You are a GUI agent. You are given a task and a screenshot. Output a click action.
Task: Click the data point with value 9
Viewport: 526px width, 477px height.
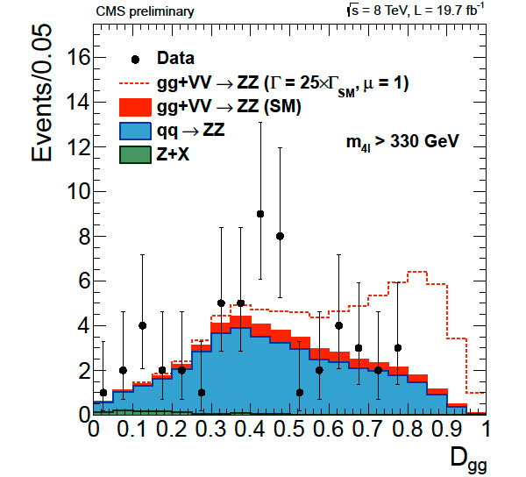pos(260,213)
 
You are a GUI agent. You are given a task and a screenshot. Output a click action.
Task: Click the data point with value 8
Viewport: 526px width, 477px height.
pos(280,236)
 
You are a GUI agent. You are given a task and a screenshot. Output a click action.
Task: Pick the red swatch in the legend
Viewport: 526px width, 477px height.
pos(134,108)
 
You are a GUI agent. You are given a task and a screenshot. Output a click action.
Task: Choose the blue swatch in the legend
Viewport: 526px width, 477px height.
pos(134,132)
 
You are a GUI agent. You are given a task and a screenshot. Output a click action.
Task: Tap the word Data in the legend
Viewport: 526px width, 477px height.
pos(176,59)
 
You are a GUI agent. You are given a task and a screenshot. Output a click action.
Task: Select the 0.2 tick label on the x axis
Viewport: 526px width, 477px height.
pos(172,430)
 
